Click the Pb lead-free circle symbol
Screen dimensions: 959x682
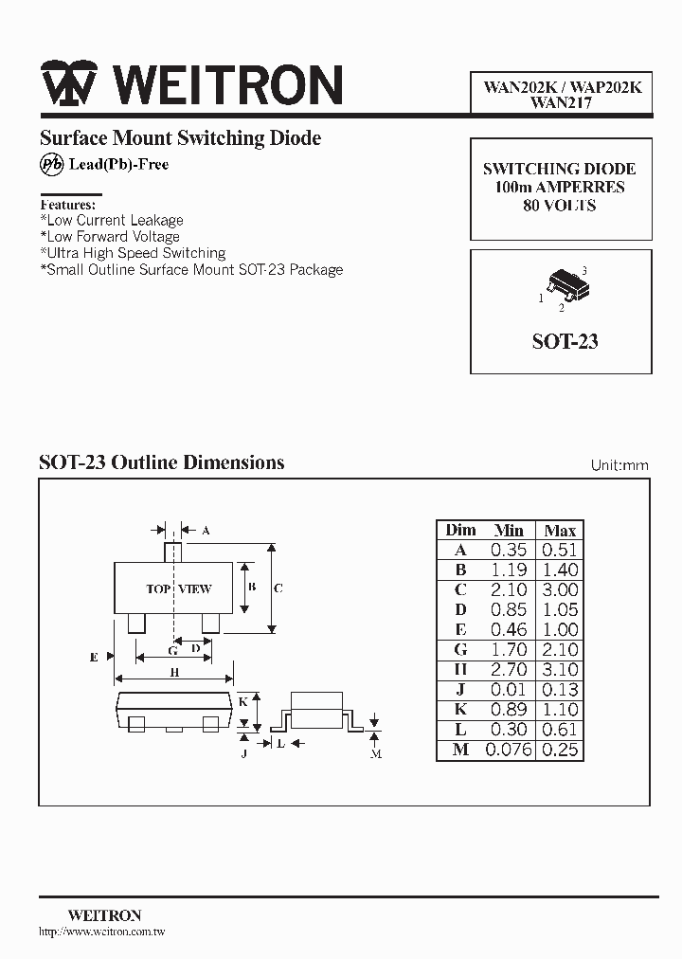click(50, 164)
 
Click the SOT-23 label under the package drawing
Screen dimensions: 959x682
click(565, 341)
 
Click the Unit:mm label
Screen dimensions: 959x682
click(619, 465)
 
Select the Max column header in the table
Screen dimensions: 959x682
click(560, 530)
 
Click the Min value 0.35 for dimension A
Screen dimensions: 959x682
click(509, 550)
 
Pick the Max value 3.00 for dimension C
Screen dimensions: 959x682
click(560, 589)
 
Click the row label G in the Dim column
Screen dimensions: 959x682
click(461, 650)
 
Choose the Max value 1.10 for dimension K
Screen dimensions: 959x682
click(560, 710)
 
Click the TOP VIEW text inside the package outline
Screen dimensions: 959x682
click(178, 588)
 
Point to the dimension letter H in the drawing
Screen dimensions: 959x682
click(175, 673)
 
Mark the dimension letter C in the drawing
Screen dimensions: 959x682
click(278, 588)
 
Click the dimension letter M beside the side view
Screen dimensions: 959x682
click(376, 753)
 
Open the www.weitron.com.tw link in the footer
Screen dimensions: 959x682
click(102, 932)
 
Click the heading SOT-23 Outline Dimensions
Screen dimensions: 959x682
click(161, 462)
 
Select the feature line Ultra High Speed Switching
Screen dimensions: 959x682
click(133, 253)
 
